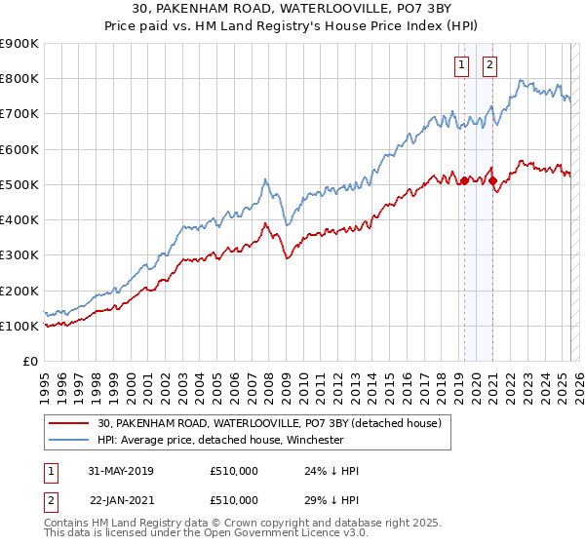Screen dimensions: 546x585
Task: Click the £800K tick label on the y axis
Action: (x=19, y=79)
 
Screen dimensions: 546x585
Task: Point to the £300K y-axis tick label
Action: (x=19, y=255)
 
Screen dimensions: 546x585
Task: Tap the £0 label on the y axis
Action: (x=29, y=362)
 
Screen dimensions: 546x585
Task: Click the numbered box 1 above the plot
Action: (x=460, y=65)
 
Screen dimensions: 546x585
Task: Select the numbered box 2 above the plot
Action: (x=488, y=65)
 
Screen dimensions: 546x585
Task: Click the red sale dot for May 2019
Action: (x=465, y=180)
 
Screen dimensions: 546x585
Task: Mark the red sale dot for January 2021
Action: (x=493, y=180)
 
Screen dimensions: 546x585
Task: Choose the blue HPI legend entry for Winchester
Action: (x=234, y=440)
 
